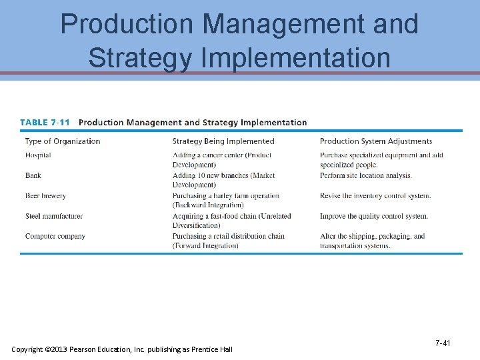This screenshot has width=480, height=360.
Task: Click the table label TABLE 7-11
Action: coord(45,123)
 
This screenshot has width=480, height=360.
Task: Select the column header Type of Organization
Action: coord(63,141)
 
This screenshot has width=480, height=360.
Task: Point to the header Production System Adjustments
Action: coord(376,141)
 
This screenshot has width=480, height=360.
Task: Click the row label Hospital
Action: coord(38,155)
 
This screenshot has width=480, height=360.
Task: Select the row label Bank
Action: coord(33,175)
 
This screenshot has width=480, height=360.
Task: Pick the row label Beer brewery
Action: coord(45,196)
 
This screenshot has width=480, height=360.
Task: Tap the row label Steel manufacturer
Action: coord(54,216)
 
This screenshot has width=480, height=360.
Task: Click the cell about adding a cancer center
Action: coord(222,160)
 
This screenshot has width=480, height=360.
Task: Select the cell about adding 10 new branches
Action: coord(223,180)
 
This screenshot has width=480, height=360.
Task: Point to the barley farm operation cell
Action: coord(225,201)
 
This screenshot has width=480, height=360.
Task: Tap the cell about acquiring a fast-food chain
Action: coord(231,221)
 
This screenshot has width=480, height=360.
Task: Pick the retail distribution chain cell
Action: coord(228,241)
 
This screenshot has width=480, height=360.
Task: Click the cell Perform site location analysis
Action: coord(366,175)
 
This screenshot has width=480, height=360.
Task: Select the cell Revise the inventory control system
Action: coord(375,196)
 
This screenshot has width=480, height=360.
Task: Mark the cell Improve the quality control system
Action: coord(373,216)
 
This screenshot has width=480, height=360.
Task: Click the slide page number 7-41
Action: coord(443,343)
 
